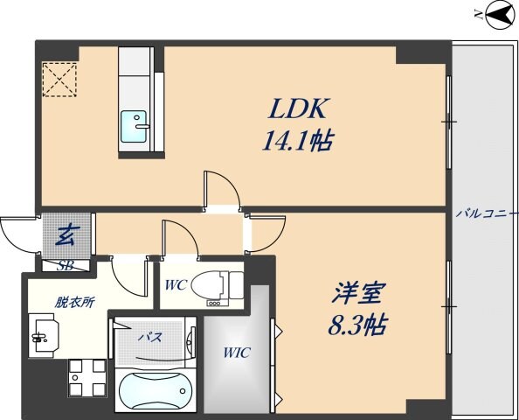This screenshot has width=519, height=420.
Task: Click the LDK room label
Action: (298, 110)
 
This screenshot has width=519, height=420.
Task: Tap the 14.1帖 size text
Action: (298, 141)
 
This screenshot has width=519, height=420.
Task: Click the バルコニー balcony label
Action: (486, 213)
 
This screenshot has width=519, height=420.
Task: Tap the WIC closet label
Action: (236, 353)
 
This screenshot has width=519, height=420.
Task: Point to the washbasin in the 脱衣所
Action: (44, 333)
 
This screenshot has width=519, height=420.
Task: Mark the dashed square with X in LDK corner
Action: (59, 79)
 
